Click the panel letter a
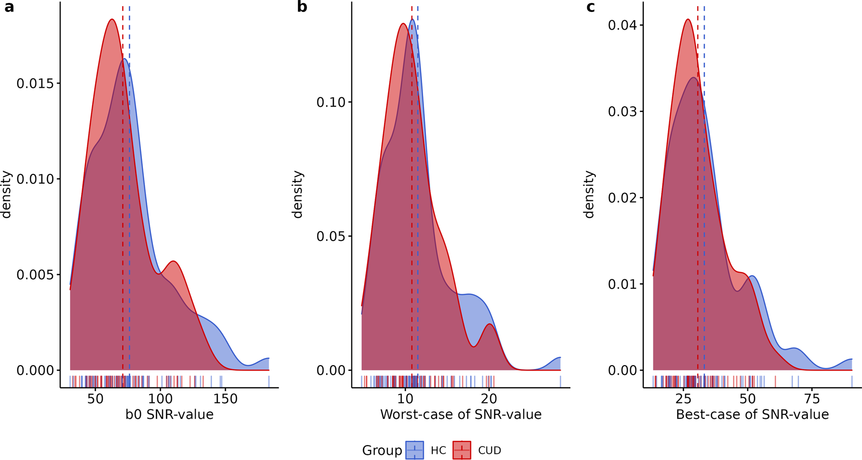point(9,7)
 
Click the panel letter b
point(302,7)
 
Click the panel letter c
point(590,7)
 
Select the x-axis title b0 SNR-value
point(169,414)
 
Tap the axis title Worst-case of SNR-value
point(461,414)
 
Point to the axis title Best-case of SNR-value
point(752,414)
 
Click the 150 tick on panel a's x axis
point(225,399)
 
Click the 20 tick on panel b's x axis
point(489,399)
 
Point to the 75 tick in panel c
point(812,399)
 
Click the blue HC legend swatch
point(414,450)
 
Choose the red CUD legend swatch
point(461,450)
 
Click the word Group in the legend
point(382,450)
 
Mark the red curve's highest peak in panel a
point(112,19)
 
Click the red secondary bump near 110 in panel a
point(174,261)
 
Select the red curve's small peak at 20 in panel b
point(489,324)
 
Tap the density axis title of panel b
point(298,194)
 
